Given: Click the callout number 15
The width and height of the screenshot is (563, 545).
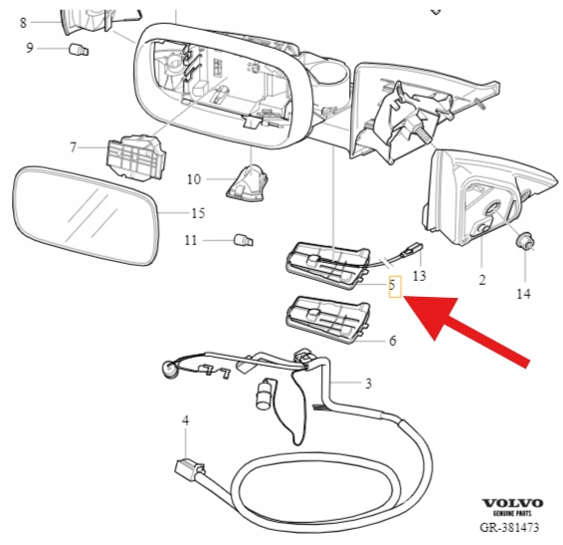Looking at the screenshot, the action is coord(198,213).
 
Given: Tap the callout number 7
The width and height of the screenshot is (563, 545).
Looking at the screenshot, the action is coord(74,147).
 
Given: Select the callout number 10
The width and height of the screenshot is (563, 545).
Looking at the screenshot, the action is coord(194,179).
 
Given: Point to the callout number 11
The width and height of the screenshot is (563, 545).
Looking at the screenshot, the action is coord(191,240).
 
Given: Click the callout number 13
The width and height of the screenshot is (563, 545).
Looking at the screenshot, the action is coord(420,276).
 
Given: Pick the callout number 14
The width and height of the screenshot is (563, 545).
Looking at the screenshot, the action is coord(523,294).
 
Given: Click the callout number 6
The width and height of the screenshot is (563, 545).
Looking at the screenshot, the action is coord(393,341).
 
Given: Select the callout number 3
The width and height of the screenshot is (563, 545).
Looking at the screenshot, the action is coord(368,384).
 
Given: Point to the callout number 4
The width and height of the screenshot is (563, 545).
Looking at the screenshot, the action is coord(185,420).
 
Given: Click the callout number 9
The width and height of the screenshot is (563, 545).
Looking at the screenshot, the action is coord(30,48).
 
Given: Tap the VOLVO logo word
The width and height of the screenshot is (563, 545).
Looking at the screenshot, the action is coord(512,503).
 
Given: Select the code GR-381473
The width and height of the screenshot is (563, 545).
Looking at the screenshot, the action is coord(509,527).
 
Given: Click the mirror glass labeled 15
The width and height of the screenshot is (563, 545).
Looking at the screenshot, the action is coord(86,216).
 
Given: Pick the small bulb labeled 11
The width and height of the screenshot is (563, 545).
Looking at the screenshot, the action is coord(244,239).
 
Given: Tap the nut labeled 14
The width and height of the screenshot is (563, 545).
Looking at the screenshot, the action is coord(524,241).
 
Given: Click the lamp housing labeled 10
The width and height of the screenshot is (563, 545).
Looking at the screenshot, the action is coord(248,182).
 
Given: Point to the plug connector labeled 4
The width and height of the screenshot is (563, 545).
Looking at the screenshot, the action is coord(190,468).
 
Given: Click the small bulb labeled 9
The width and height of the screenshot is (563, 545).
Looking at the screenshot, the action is coord(79,49).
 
